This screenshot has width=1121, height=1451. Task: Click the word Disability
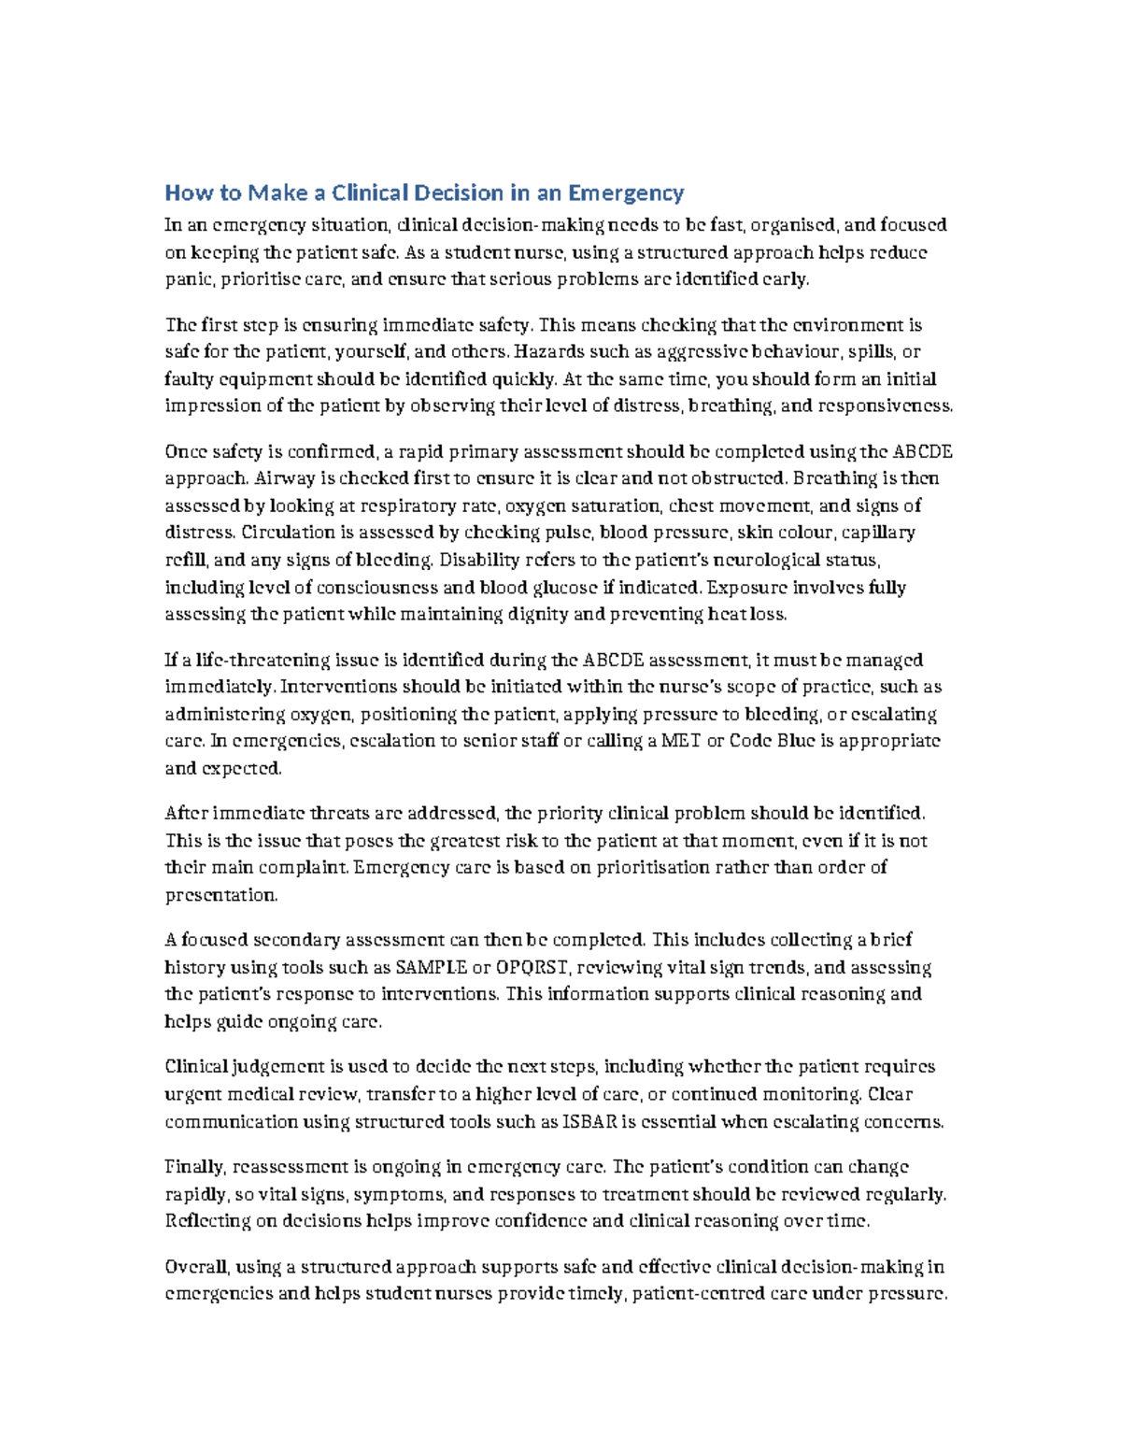(x=475, y=561)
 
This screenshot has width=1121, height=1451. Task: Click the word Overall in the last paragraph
(x=196, y=1268)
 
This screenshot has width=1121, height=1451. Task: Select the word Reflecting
(x=208, y=1221)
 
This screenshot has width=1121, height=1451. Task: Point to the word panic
(x=187, y=279)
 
